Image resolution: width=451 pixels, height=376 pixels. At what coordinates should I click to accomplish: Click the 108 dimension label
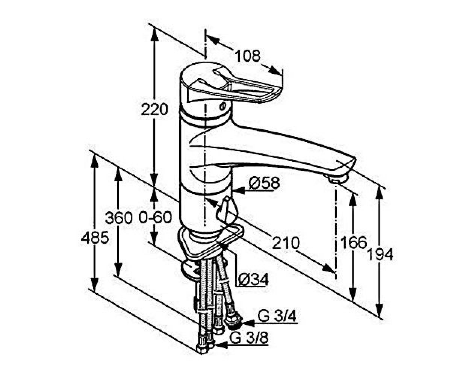tap(248, 56)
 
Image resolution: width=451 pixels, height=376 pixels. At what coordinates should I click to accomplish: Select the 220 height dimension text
tap(154, 109)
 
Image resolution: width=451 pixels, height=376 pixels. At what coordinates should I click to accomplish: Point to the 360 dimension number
tap(119, 218)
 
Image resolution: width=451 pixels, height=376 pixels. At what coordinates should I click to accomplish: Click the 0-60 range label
tap(155, 217)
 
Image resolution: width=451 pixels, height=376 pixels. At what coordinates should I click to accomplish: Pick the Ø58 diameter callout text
tap(264, 183)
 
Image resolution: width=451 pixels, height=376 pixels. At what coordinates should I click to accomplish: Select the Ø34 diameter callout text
tap(253, 279)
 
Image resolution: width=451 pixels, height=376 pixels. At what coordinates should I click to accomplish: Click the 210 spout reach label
tap(286, 243)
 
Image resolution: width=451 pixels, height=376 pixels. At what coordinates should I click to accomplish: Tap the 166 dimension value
tap(354, 242)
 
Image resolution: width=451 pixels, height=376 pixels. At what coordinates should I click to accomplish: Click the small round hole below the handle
tap(222, 106)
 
